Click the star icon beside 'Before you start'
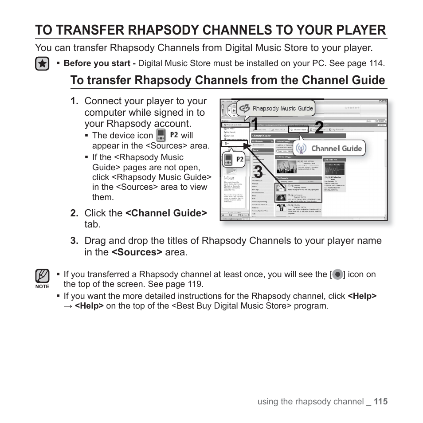coord(42,64)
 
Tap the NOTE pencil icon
coord(42,276)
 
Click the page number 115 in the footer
coord(380,402)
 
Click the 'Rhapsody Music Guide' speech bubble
coord(276,108)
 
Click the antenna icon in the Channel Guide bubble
coord(303,148)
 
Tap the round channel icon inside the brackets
coord(337,274)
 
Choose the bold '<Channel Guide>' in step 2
coord(166,213)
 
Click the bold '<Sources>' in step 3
coord(137,252)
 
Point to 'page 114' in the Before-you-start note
coord(366,63)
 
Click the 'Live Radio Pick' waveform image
coord(334,169)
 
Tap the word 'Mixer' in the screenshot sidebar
coord(229,178)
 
